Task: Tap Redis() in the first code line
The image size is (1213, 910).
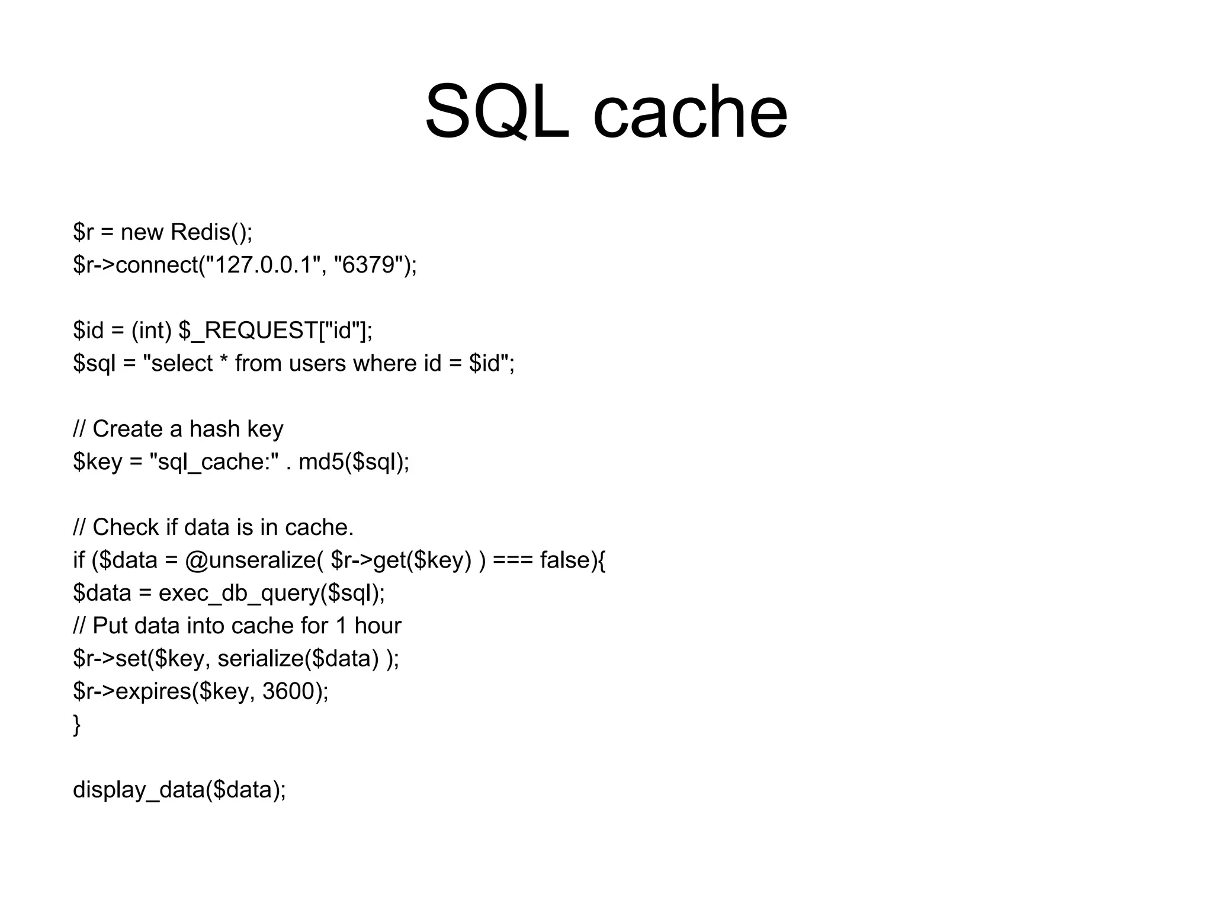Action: (211, 232)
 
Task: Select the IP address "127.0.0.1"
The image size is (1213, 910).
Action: (263, 265)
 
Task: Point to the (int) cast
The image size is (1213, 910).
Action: (151, 331)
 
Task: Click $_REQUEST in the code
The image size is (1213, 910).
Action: (248, 331)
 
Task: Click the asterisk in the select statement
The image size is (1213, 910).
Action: (223, 360)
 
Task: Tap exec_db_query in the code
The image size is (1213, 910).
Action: (239, 593)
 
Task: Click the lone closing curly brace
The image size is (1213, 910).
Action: (76, 725)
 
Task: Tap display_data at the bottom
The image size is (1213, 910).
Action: (139, 790)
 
